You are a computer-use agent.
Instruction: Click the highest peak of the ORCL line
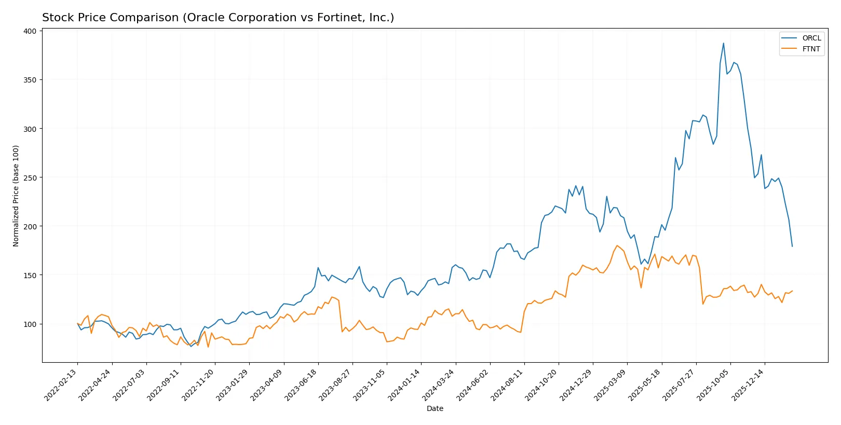723,44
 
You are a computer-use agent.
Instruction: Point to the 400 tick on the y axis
30,31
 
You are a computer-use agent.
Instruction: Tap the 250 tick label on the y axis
30,177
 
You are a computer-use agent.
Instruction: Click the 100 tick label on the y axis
30,324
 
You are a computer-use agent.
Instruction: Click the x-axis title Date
435,409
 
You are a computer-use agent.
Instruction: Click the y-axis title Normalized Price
16,196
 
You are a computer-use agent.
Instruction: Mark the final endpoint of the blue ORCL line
792,246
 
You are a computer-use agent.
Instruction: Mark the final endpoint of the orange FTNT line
792,291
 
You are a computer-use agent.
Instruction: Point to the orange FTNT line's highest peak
617,245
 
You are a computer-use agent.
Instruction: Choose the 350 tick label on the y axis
30,80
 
